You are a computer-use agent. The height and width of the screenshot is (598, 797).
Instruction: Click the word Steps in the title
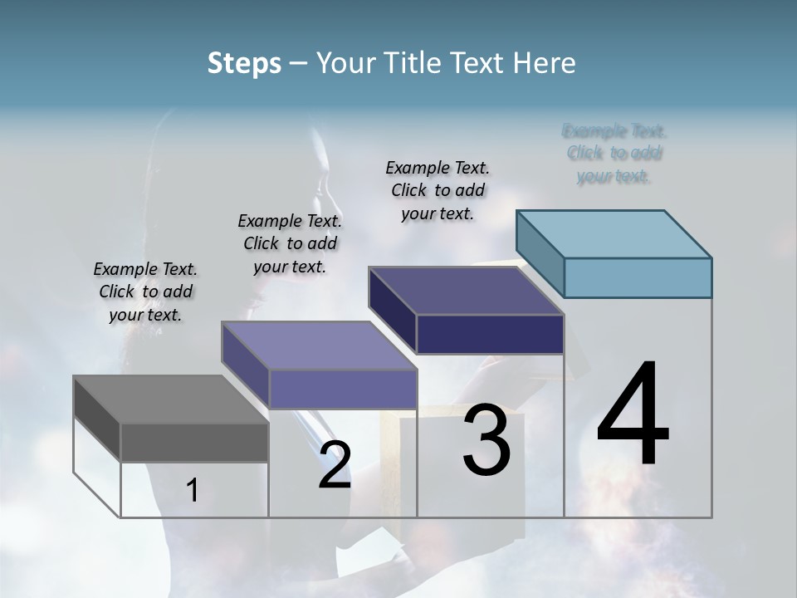click(x=244, y=63)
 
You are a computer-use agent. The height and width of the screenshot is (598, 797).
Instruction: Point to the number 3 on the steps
click(x=487, y=440)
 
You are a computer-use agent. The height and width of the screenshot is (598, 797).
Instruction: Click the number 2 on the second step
click(x=335, y=465)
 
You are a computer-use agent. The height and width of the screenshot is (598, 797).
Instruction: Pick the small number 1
click(x=193, y=490)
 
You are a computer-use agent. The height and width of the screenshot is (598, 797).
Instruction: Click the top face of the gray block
click(x=170, y=399)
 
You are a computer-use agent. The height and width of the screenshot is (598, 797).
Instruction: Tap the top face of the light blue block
click(x=614, y=233)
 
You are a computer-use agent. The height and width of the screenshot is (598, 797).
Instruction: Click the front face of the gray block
click(x=194, y=442)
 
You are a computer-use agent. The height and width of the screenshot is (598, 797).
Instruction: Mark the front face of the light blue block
click(x=638, y=277)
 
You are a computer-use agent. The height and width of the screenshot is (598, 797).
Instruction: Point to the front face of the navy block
click(x=490, y=334)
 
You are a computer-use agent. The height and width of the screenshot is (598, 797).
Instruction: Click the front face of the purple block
click(x=342, y=389)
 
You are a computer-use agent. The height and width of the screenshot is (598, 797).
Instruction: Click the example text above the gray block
click(x=145, y=292)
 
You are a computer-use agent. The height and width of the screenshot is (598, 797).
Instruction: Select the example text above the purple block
click(x=290, y=243)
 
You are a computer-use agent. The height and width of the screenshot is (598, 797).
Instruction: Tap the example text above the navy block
click(x=438, y=190)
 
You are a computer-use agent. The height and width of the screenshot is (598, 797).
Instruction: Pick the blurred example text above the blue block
click(x=614, y=154)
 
